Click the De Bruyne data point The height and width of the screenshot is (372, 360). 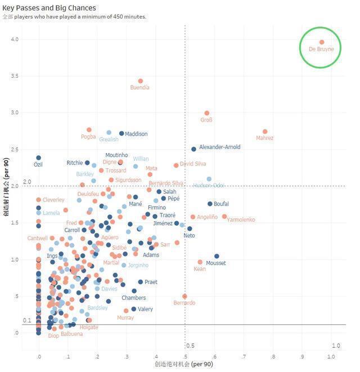click(x=322, y=42)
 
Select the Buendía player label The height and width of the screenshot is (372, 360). click(x=139, y=88)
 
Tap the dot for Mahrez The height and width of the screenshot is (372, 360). click(x=265, y=132)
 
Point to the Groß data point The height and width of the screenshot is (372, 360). click(x=207, y=113)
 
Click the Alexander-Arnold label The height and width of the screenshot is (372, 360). click(x=219, y=147)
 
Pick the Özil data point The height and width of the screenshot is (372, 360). click(x=39, y=158)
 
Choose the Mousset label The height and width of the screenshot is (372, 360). click(x=216, y=263)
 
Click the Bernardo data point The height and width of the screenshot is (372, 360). click(x=184, y=296)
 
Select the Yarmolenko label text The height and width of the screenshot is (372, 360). click(x=241, y=219)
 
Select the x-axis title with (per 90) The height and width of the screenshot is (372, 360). click(x=183, y=365)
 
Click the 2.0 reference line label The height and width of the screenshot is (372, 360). click(x=26, y=182)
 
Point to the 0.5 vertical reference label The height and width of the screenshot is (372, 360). click(x=190, y=346)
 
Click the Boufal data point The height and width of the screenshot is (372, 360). click(x=210, y=204)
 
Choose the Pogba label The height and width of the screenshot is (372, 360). click(x=88, y=137)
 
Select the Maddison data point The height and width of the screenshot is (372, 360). click(x=121, y=133)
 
